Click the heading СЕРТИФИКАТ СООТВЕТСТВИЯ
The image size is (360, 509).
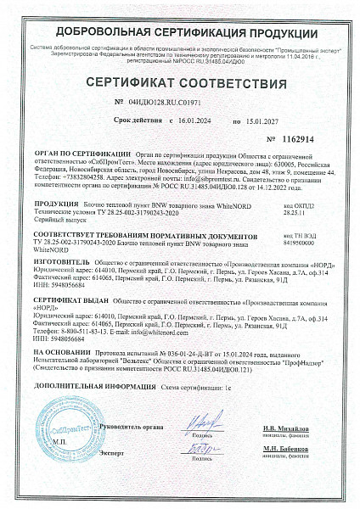180,84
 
